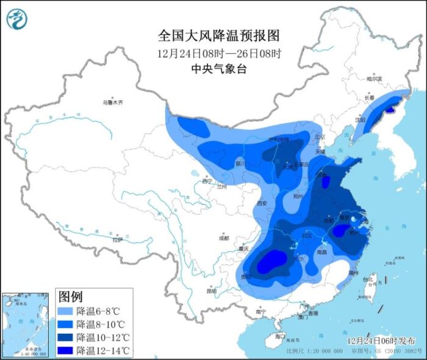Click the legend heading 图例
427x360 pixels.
pos(70,297)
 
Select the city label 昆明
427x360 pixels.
pos(211,291)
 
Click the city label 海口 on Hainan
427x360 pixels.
pos(280,336)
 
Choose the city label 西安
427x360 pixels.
pos(262,203)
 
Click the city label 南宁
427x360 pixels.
pos(260,312)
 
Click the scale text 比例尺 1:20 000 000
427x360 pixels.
pos(310,351)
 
